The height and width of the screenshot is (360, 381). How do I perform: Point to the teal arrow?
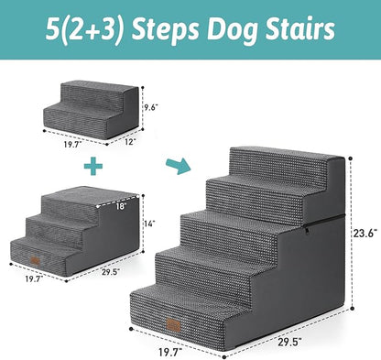(x=174, y=166)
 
